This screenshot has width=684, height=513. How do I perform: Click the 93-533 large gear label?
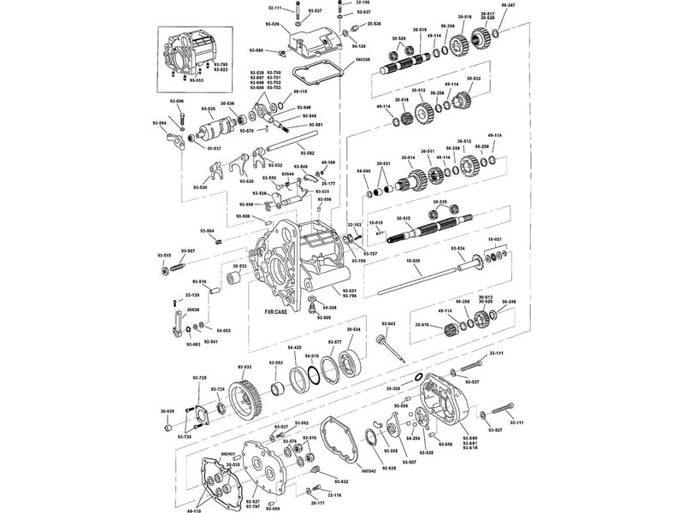[245, 367]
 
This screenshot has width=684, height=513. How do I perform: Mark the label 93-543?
[387, 324]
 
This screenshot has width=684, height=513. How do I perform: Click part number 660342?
[369, 471]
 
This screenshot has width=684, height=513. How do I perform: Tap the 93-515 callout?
[163, 256]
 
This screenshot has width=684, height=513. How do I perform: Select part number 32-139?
[191, 295]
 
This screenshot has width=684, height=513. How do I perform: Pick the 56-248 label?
[509, 302]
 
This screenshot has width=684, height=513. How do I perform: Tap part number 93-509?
[273, 510]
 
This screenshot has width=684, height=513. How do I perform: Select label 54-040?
[362, 171]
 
